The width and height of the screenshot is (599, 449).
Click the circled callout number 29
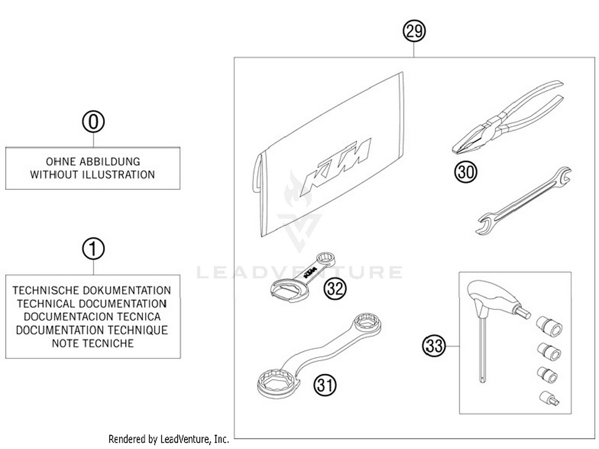(x=414, y=31)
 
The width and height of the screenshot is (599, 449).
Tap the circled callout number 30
(x=465, y=172)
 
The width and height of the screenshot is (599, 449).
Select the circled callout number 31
(x=325, y=385)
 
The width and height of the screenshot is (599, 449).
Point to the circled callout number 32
(x=335, y=288)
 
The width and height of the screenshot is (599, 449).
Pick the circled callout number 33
(x=434, y=345)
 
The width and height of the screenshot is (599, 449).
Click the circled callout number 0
(x=93, y=122)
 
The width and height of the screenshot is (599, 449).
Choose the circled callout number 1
(x=93, y=249)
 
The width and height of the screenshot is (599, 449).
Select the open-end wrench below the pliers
(x=523, y=200)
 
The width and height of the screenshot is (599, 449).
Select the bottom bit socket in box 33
(x=549, y=398)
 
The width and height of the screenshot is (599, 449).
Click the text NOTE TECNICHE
(x=93, y=343)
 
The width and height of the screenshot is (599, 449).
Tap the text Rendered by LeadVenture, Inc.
(x=169, y=439)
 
